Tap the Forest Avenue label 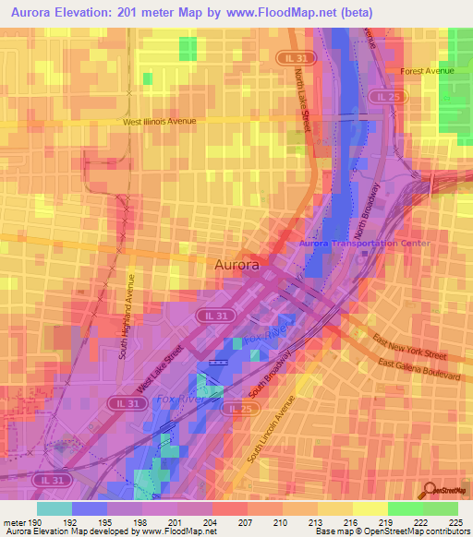[x=430, y=70]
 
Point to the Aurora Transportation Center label [x=353, y=243]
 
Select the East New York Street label [x=411, y=348]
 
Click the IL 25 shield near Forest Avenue [x=384, y=96]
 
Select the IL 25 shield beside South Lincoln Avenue [x=240, y=408]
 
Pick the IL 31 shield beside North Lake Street [x=292, y=57]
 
